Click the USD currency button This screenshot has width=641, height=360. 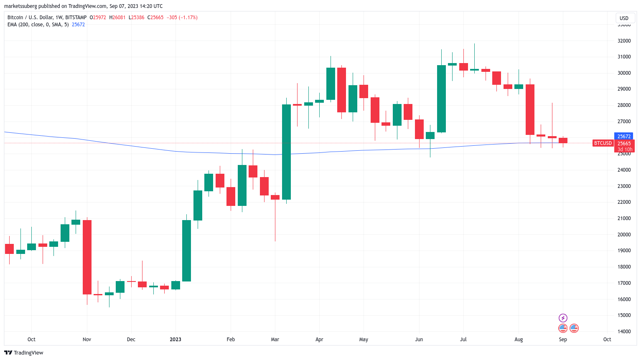click(x=624, y=18)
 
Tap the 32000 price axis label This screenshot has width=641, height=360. click(x=624, y=41)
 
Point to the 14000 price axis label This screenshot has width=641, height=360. click(x=624, y=332)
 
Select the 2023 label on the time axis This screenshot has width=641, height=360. click(x=176, y=340)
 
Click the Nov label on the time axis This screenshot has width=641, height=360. click(x=86, y=340)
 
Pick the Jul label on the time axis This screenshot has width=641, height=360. click(x=463, y=340)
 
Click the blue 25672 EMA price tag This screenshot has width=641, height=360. click(x=624, y=136)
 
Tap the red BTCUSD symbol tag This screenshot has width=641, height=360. click(x=603, y=143)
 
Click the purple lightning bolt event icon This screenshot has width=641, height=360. click(x=563, y=318)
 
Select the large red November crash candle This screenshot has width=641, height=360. click(x=87, y=257)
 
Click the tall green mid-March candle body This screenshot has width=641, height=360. click(x=286, y=152)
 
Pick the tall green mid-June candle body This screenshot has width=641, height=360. click(x=441, y=99)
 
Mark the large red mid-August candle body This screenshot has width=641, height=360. click(x=530, y=109)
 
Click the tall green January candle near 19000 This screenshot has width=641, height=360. click(x=186, y=251)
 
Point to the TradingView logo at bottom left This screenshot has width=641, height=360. click(x=23, y=352)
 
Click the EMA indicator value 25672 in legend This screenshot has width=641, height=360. click(x=78, y=25)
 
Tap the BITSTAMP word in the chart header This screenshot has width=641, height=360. click(x=76, y=18)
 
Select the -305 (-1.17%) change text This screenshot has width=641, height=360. click(x=182, y=18)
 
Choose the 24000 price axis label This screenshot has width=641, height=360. click(x=624, y=170)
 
